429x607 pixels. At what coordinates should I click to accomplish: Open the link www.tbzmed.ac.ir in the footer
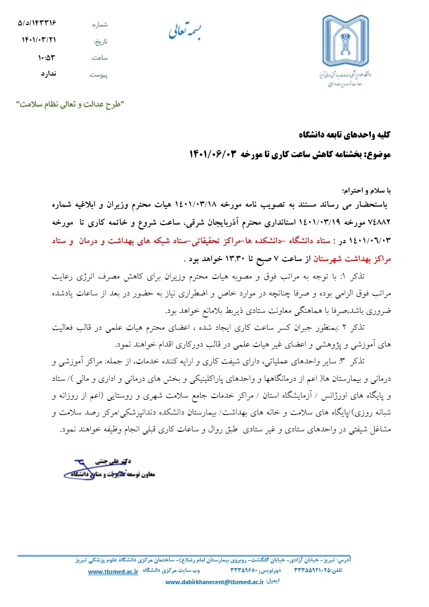pyautogui.click(x=113, y=572)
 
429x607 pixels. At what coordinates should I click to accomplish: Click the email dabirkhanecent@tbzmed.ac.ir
pyautogui.click(x=214, y=582)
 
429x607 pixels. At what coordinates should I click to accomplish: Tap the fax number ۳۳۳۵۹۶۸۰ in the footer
pyautogui.click(x=233, y=571)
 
